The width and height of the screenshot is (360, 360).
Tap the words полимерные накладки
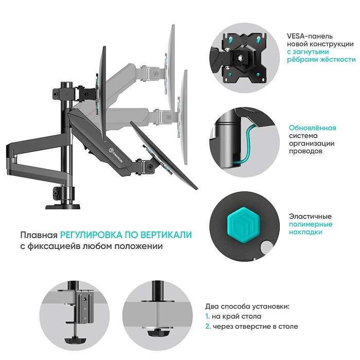pyautogui.click(x=310, y=228)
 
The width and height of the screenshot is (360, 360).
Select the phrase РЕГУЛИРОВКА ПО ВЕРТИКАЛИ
pyautogui.click(x=126, y=235)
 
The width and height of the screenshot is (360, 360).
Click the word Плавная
pyautogui.click(x=39, y=235)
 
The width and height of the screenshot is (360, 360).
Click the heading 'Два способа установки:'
pyautogui.click(x=247, y=306)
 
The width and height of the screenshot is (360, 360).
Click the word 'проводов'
pyautogui.click(x=306, y=152)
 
